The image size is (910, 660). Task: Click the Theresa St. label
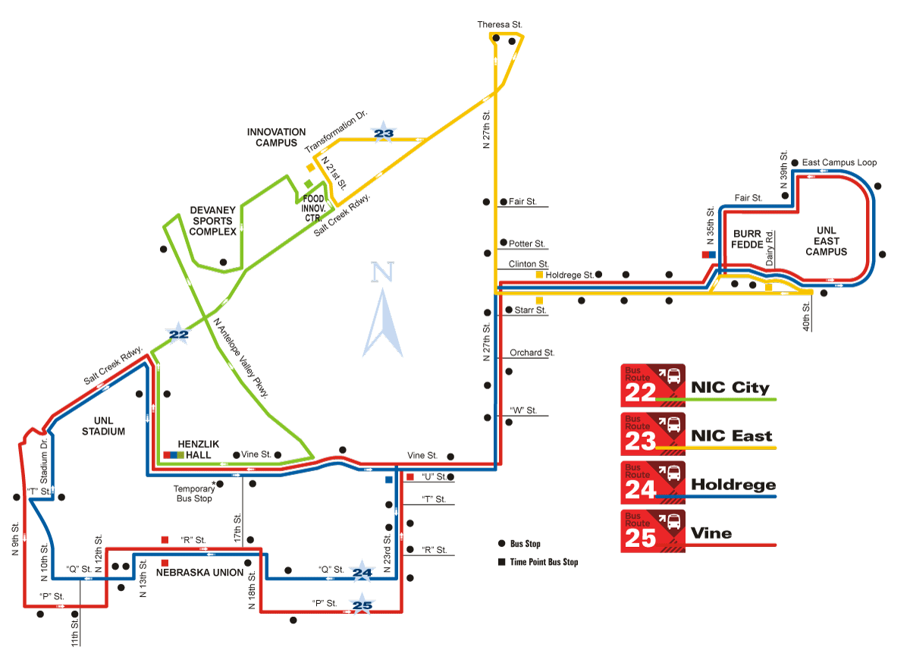click(x=500, y=25)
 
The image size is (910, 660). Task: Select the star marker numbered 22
click(x=178, y=334)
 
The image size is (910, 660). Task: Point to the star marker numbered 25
click(x=363, y=605)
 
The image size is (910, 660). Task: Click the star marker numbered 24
click(x=363, y=572)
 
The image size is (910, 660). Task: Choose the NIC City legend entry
click(x=730, y=388)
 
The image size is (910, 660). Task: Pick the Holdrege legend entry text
click(x=733, y=485)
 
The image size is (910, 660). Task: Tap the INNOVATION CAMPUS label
click(x=276, y=137)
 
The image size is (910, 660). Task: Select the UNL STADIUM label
click(x=104, y=426)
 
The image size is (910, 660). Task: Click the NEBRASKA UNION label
click(x=199, y=573)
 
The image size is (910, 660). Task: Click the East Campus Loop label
click(x=839, y=163)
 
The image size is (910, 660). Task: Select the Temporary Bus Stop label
click(x=193, y=494)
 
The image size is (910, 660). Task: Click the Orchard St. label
click(x=532, y=353)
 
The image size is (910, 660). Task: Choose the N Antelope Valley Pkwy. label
click(x=242, y=357)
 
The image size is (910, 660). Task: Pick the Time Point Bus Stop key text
click(x=544, y=562)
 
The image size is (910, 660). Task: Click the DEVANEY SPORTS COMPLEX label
click(x=212, y=221)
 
